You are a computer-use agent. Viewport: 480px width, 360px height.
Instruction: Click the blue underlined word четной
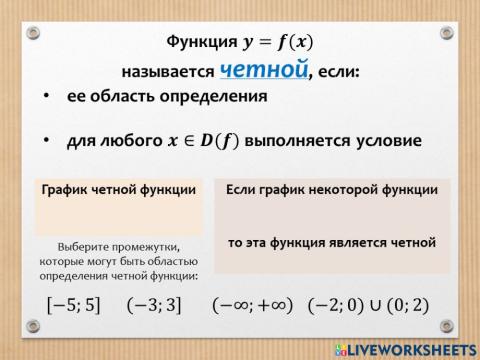tap(262, 69)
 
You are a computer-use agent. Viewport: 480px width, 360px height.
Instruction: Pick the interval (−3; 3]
tap(154, 304)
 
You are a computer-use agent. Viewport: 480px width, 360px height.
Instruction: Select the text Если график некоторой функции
tap(331, 189)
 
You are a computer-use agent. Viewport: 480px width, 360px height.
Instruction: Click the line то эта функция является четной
tap(331, 242)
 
